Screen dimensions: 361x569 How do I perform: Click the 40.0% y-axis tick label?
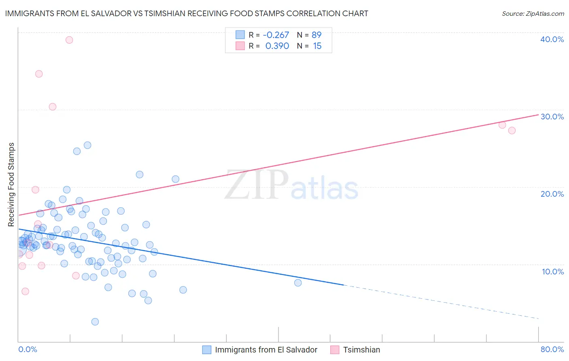tap(552, 39)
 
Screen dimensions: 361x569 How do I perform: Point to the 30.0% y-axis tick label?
tap(552, 117)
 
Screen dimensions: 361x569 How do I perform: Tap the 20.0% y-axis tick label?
tap(552, 194)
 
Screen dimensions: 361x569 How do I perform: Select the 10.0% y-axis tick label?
tap(552, 272)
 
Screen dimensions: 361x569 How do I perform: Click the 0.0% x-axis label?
tap(28, 349)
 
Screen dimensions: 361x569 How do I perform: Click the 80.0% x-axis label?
tap(552, 349)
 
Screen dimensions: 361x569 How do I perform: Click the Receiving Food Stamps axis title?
tap(11, 185)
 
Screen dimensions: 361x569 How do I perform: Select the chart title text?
tap(187, 13)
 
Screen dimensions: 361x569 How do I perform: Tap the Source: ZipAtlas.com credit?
tap(533, 13)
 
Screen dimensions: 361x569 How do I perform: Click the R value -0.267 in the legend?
tap(276, 35)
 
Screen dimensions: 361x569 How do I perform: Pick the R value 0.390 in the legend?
tap(277, 46)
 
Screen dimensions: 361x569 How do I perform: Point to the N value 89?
tap(316, 35)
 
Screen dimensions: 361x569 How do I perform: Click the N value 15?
tap(317, 46)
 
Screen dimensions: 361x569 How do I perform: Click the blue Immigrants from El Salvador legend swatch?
tap(207, 350)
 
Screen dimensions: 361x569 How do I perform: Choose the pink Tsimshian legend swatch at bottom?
tap(335, 350)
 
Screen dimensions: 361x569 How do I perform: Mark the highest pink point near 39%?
tap(69, 40)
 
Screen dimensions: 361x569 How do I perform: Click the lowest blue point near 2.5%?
tap(95, 322)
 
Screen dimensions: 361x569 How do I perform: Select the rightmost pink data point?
tap(512, 130)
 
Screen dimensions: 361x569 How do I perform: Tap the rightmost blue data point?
tap(298, 283)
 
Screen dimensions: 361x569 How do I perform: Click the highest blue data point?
tap(87, 145)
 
